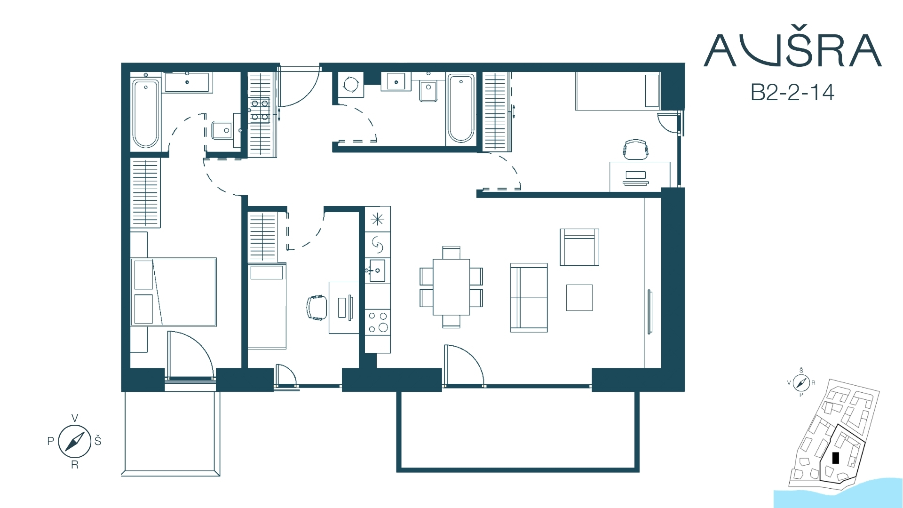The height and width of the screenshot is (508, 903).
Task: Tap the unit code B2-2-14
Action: (x=792, y=92)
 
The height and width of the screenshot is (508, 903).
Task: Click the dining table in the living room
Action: (x=451, y=287)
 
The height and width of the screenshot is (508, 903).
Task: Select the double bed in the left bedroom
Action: (x=174, y=292)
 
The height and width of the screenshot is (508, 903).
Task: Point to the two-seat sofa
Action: (x=529, y=298)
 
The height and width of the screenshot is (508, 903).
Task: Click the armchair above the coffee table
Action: (x=579, y=247)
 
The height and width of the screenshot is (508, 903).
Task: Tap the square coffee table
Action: (x=579, y=298)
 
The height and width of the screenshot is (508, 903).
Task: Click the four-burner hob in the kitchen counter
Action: (x=378, y=322)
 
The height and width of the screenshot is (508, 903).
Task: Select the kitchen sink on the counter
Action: (x=377, y=270)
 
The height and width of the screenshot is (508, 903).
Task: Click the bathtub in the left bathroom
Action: (x=145, y=114)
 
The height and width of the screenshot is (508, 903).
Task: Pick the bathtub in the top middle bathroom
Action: (x=461, y=108)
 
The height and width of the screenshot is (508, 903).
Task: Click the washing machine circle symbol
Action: (x=350, y=85)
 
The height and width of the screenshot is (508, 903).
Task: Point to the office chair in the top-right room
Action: (x=636, y=149)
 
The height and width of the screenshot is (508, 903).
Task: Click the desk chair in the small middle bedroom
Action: (x=317, y=308)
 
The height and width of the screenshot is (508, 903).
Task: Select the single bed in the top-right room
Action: (x=618, y=91)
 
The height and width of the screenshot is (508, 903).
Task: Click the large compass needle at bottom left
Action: (x=74, y=441)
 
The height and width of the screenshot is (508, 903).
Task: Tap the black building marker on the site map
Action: (x=836, y=458)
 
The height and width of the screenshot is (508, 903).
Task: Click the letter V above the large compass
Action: (x=74, y=418)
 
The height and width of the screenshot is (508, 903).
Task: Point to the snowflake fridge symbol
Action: (x=378, y=219)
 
